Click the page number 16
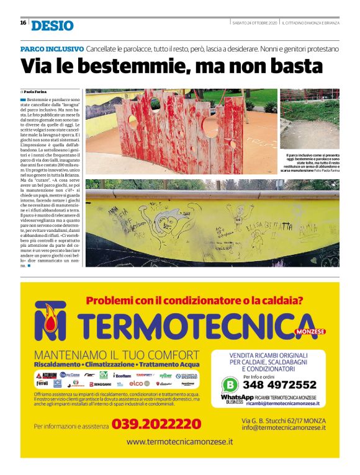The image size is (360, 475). pyautogui.click(x=23, y=22)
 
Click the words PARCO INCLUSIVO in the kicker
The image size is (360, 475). pyautogui.click(x=52, y=48)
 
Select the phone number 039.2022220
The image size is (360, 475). pyautogui.click(x=156, y=425)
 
